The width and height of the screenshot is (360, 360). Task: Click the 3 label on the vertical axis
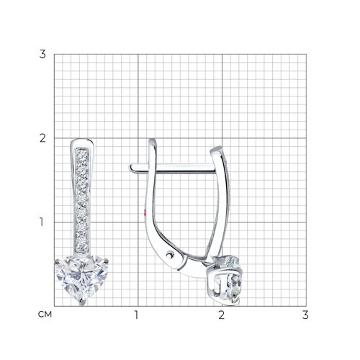[42, 54]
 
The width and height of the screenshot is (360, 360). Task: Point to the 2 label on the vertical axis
[42, 138]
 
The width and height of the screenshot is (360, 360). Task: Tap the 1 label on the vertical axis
[42, 222]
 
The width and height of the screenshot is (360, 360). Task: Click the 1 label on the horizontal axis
[137, 315]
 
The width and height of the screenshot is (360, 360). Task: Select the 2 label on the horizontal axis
[222, 315]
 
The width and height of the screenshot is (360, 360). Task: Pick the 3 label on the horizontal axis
[305, 315]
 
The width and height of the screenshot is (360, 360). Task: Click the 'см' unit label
[45, 315]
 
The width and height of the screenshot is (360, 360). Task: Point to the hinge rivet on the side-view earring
[170, 254]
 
